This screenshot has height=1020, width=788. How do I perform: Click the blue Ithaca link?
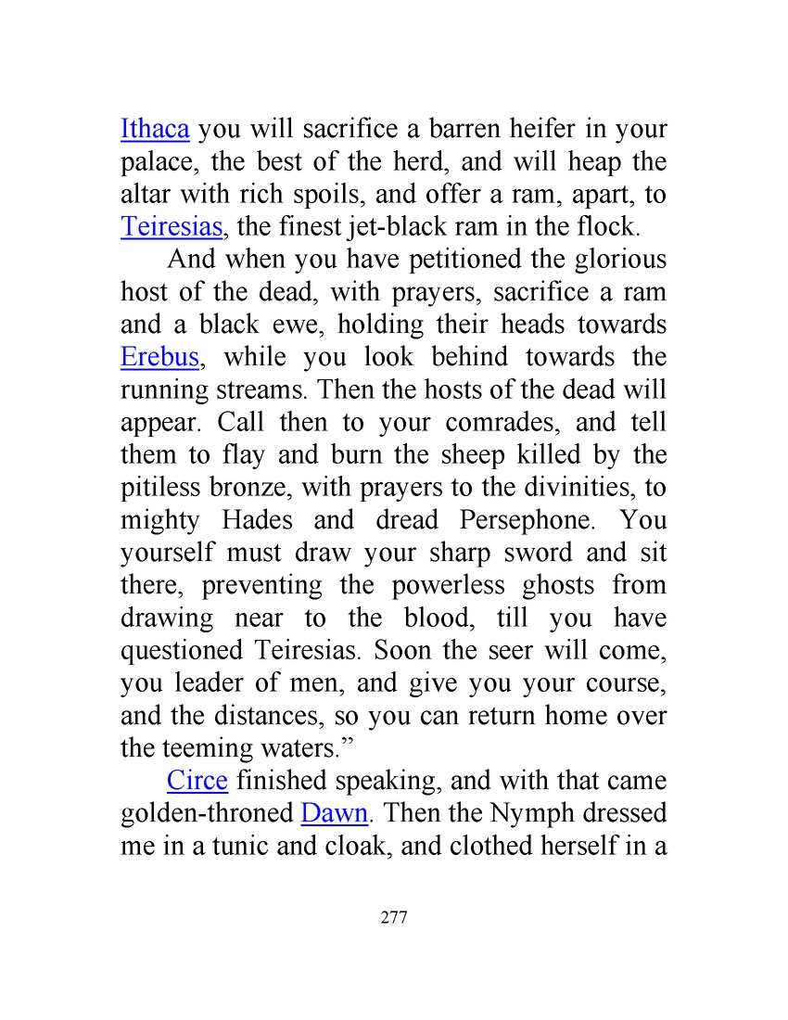point(155,129)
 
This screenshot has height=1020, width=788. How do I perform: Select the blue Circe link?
point(197,781)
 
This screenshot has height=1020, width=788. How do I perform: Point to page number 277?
point(394,918)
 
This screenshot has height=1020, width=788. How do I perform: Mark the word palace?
point(157,163)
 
